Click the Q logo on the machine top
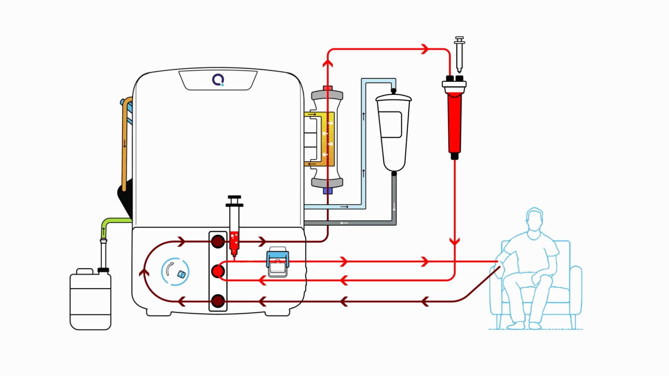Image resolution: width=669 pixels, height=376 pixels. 218,80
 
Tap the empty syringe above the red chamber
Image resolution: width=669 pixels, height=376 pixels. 460,54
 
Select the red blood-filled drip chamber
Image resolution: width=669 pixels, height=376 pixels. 454,120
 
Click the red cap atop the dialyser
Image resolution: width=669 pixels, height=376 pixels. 328,88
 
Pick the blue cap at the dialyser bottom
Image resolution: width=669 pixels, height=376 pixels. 328,191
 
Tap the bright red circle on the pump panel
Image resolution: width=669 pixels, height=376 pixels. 218,271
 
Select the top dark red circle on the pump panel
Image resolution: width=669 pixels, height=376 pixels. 218,241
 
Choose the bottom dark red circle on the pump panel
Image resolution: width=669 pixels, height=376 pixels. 218,301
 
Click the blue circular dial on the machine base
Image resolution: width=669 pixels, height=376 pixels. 175,272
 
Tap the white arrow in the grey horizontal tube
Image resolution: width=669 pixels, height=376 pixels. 344,223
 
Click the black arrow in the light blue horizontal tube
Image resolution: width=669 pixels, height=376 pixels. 344,207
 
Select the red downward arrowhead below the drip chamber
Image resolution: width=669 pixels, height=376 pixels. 454,241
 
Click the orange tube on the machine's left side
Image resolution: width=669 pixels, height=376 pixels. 125,146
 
